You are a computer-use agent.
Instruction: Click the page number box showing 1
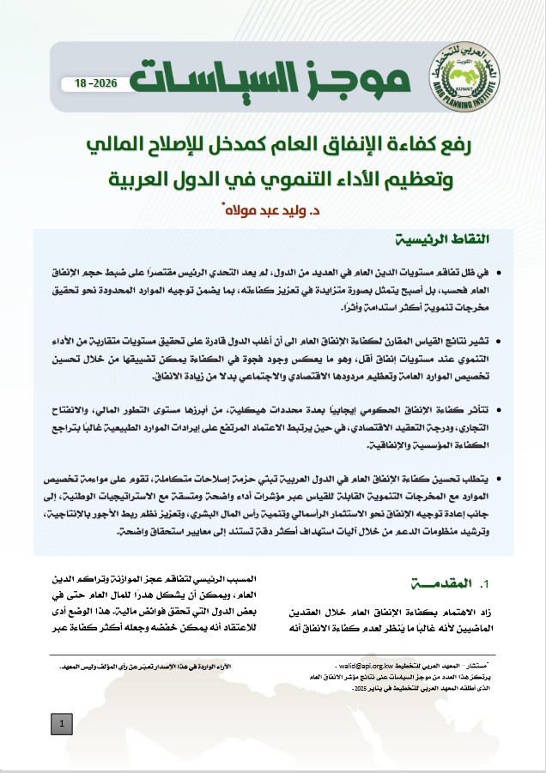pyautogui.click(x=63, y=726)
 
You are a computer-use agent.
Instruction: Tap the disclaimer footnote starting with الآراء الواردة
pyautogui.click(x=143, y=667)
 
